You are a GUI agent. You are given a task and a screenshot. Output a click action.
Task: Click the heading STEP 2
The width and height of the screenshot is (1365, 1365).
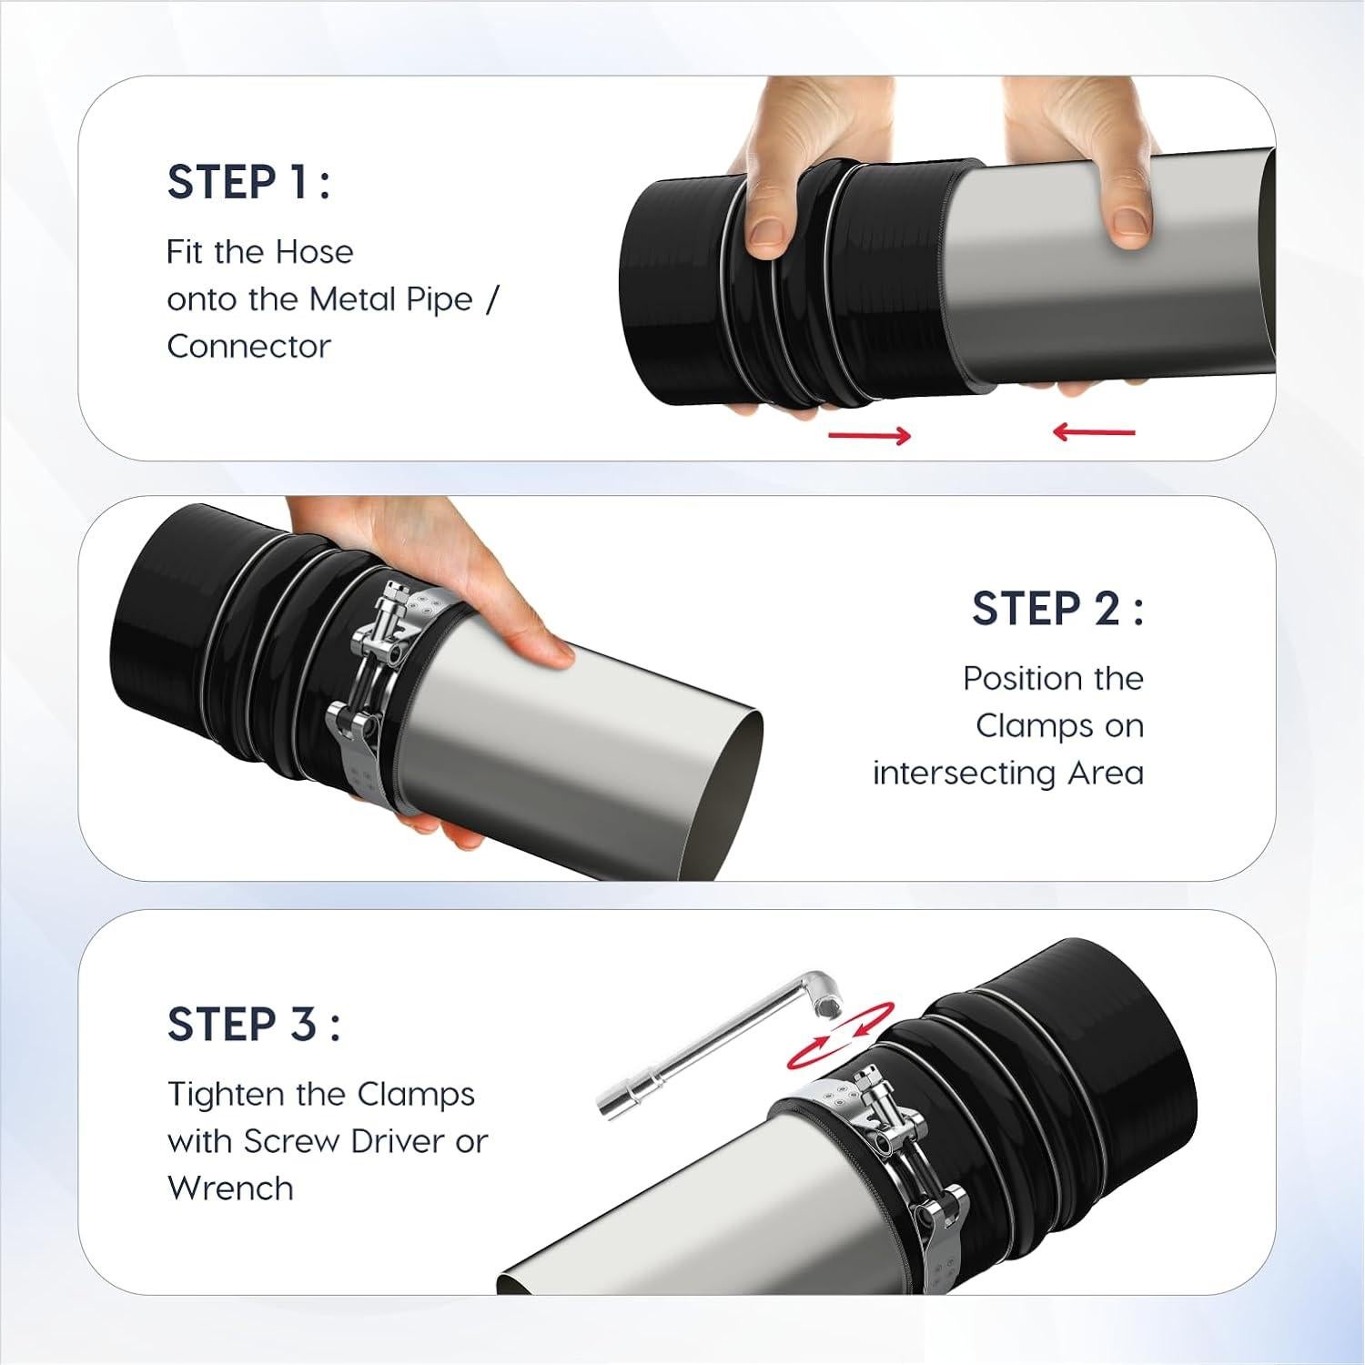pyautogui.click(x=1057, y=608)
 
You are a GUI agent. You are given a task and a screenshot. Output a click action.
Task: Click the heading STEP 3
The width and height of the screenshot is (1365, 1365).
pyautogui.click(x=253, y=1024)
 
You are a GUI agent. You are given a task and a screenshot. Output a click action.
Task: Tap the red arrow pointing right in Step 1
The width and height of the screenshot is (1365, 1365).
pyautogui.click(x=869, y=436)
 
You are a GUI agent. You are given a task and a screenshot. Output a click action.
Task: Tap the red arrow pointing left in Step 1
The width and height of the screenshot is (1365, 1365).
pyautogui.click(x=1094, y=431)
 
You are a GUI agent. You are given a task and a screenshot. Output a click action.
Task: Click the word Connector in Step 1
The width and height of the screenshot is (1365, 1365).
pyautogui.click(x=248, y=346)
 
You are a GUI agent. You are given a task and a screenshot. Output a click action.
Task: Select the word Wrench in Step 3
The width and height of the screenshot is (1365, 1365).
pyautogui.click(x=230, y=1188)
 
